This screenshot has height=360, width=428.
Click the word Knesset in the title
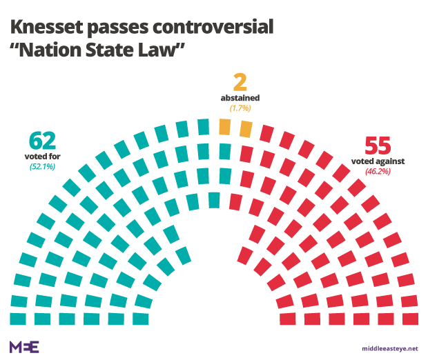(x=47, y=28)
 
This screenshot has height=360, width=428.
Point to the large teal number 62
(x=43, y=141)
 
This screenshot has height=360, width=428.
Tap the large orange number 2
(x=240, y=83)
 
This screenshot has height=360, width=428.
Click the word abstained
(x=240, y=99)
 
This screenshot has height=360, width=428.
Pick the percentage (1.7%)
(x=240, y=108)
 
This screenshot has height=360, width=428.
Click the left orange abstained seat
(x=224, y=127)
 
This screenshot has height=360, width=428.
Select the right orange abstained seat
(x=246, y=129)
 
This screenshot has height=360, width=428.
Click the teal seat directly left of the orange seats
(x=204, y=127)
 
